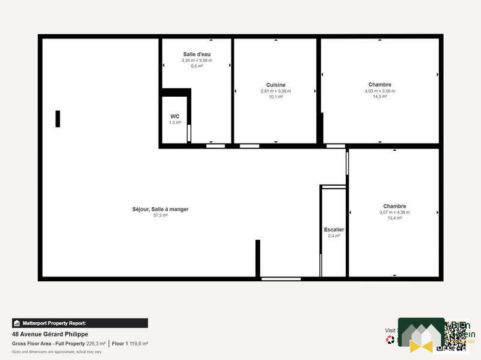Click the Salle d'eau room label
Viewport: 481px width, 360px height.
click(197, 54)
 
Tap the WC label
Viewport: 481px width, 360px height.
click(174, 116)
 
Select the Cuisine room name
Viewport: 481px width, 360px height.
click(275, 85)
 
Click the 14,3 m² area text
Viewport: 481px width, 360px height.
click(379, 96)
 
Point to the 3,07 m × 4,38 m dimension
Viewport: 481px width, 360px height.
click(394, 212)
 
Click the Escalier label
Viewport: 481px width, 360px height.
click(334, 230)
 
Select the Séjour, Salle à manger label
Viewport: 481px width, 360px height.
click(161, 209)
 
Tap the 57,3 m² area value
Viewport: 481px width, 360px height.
click(161, 215)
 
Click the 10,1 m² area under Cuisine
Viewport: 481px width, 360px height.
click(275, 96)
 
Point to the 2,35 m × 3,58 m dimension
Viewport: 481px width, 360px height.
click(197, 60)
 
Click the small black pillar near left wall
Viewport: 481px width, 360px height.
click(58, 118)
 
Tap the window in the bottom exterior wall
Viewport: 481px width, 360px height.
click(281, 278)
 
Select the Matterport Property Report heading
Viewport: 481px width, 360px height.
click(54, 323)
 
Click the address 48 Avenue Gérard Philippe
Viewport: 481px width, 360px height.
click(50, 334)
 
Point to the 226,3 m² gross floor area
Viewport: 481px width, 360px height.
click(96, 344)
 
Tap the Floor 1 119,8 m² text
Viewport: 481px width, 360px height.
click(130, 344)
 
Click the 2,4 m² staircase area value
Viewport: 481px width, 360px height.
click(334, 236)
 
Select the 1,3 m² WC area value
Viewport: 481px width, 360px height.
click(174, 122)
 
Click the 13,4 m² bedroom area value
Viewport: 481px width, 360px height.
click(394, 218)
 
